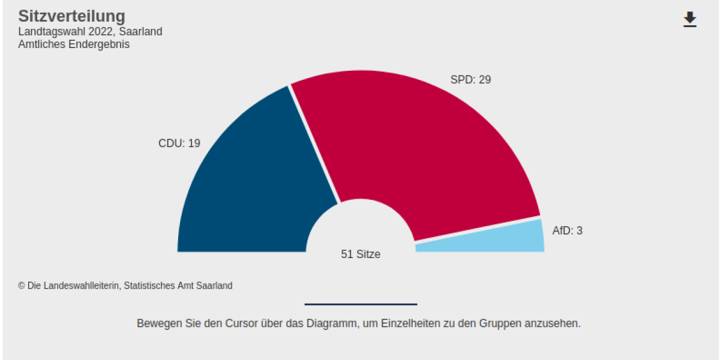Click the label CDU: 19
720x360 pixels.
coord(179,143)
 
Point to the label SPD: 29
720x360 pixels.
coord(470,79)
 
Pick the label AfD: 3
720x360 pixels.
coord(567,230)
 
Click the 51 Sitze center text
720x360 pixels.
coord(361,254)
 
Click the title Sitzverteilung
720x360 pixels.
coord(71,16)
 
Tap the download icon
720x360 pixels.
coord(690,19)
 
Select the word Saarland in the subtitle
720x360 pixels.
coord(140,32)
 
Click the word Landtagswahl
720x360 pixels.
coord(52,32)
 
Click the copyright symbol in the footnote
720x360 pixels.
coord(22,286)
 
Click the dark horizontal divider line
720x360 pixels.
coord(361,304)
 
